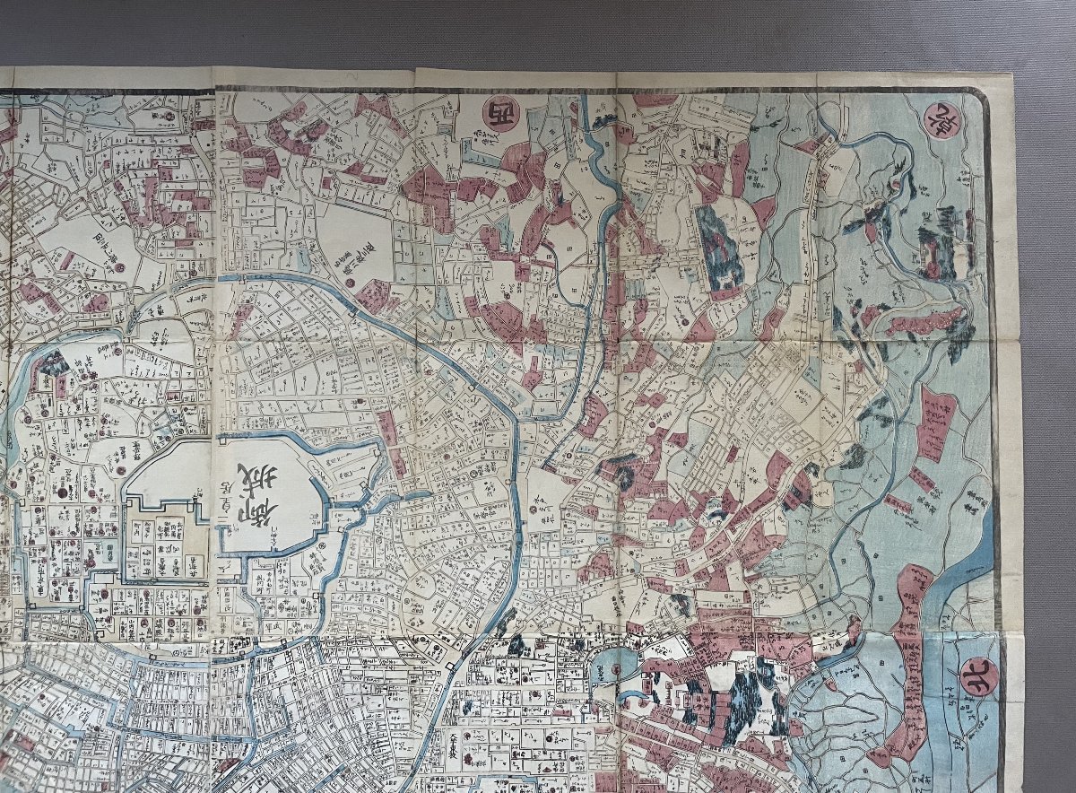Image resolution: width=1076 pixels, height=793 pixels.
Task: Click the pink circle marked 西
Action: click(499, 114)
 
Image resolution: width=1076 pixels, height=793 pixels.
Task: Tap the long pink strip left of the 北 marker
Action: click(910, 664)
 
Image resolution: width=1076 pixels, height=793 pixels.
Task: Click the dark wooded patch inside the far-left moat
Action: click(51, 363)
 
